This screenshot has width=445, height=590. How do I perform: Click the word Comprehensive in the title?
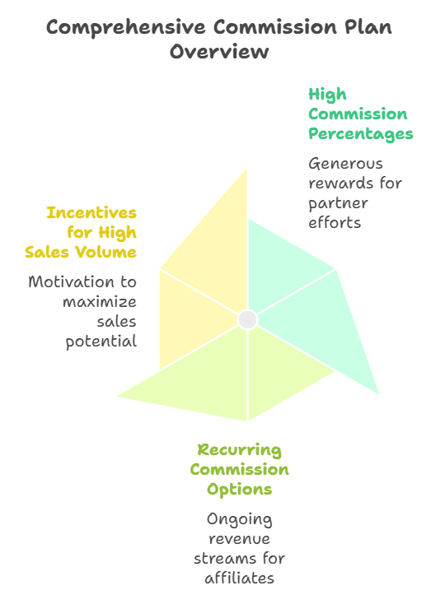126,28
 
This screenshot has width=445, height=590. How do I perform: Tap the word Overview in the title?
219,52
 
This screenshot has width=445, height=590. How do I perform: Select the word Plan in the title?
368,26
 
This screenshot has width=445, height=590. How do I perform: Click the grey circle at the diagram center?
247,319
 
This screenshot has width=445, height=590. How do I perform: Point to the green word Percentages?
361,134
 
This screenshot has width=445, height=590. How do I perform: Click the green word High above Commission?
327,95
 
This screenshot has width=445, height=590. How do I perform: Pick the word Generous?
345,164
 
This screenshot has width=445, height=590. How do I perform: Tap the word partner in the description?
338,204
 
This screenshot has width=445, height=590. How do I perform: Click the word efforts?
335,222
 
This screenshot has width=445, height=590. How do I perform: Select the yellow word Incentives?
91,212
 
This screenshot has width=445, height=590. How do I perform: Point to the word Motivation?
71,281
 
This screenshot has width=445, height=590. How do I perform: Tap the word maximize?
100,302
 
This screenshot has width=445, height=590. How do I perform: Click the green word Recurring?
239,450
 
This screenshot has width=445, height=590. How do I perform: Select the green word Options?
239,490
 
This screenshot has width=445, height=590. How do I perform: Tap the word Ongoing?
239,519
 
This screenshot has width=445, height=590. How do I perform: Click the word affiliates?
239,578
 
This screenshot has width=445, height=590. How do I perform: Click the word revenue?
239,539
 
